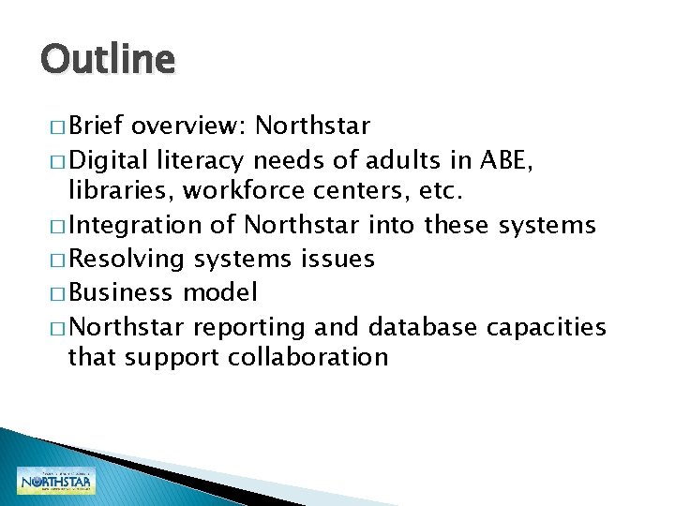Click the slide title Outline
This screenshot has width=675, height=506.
(107, 60)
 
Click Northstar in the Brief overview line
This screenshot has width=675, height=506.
(312, 126)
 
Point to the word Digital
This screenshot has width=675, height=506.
(110, 159)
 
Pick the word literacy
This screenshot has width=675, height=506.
(202, 160)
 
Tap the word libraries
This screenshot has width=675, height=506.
(121, 191)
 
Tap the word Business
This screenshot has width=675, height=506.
(121, 292)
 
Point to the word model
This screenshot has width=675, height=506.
(218, 292)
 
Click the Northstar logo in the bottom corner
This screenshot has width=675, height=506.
(55, 481)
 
